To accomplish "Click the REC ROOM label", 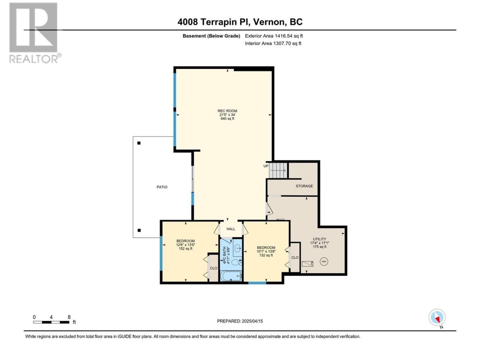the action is click(227, 111).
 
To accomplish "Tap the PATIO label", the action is click(162, 187).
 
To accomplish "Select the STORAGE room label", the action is click(304, 186).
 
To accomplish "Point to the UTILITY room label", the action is click(319, 239).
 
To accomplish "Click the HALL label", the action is click(231, 229).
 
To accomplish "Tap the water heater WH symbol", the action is click(324, 261).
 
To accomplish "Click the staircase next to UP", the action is click(278, 171).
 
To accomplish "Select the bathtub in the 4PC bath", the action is click(231, 276).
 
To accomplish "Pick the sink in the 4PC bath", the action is click(238, 248).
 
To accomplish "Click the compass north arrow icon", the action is click(437, 317).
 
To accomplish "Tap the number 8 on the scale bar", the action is click(69, 317).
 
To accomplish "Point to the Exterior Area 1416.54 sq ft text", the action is click(274, 36).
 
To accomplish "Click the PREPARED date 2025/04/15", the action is click(252, 321).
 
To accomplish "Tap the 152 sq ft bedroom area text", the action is click(186, 249).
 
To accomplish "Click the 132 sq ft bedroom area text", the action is click(266, 255).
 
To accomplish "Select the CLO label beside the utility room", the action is click(295, 258).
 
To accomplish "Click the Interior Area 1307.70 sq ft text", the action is click(273, 43).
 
